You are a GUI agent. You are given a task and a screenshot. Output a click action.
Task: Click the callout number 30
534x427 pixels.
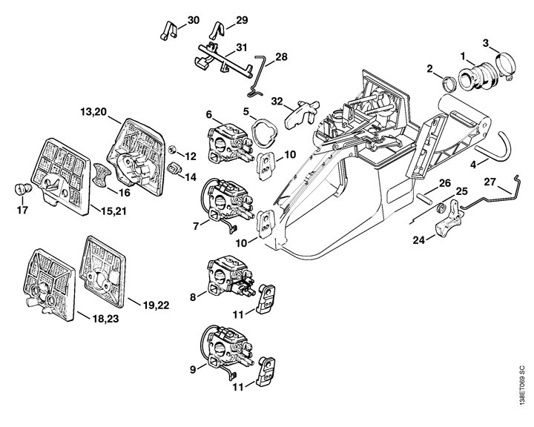point(193,20)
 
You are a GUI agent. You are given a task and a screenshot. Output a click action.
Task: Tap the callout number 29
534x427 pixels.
point(242,19)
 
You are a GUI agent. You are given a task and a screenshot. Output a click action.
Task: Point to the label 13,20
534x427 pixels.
point(94,112)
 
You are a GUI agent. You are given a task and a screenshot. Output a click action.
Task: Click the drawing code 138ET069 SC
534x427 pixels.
point(523,391)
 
